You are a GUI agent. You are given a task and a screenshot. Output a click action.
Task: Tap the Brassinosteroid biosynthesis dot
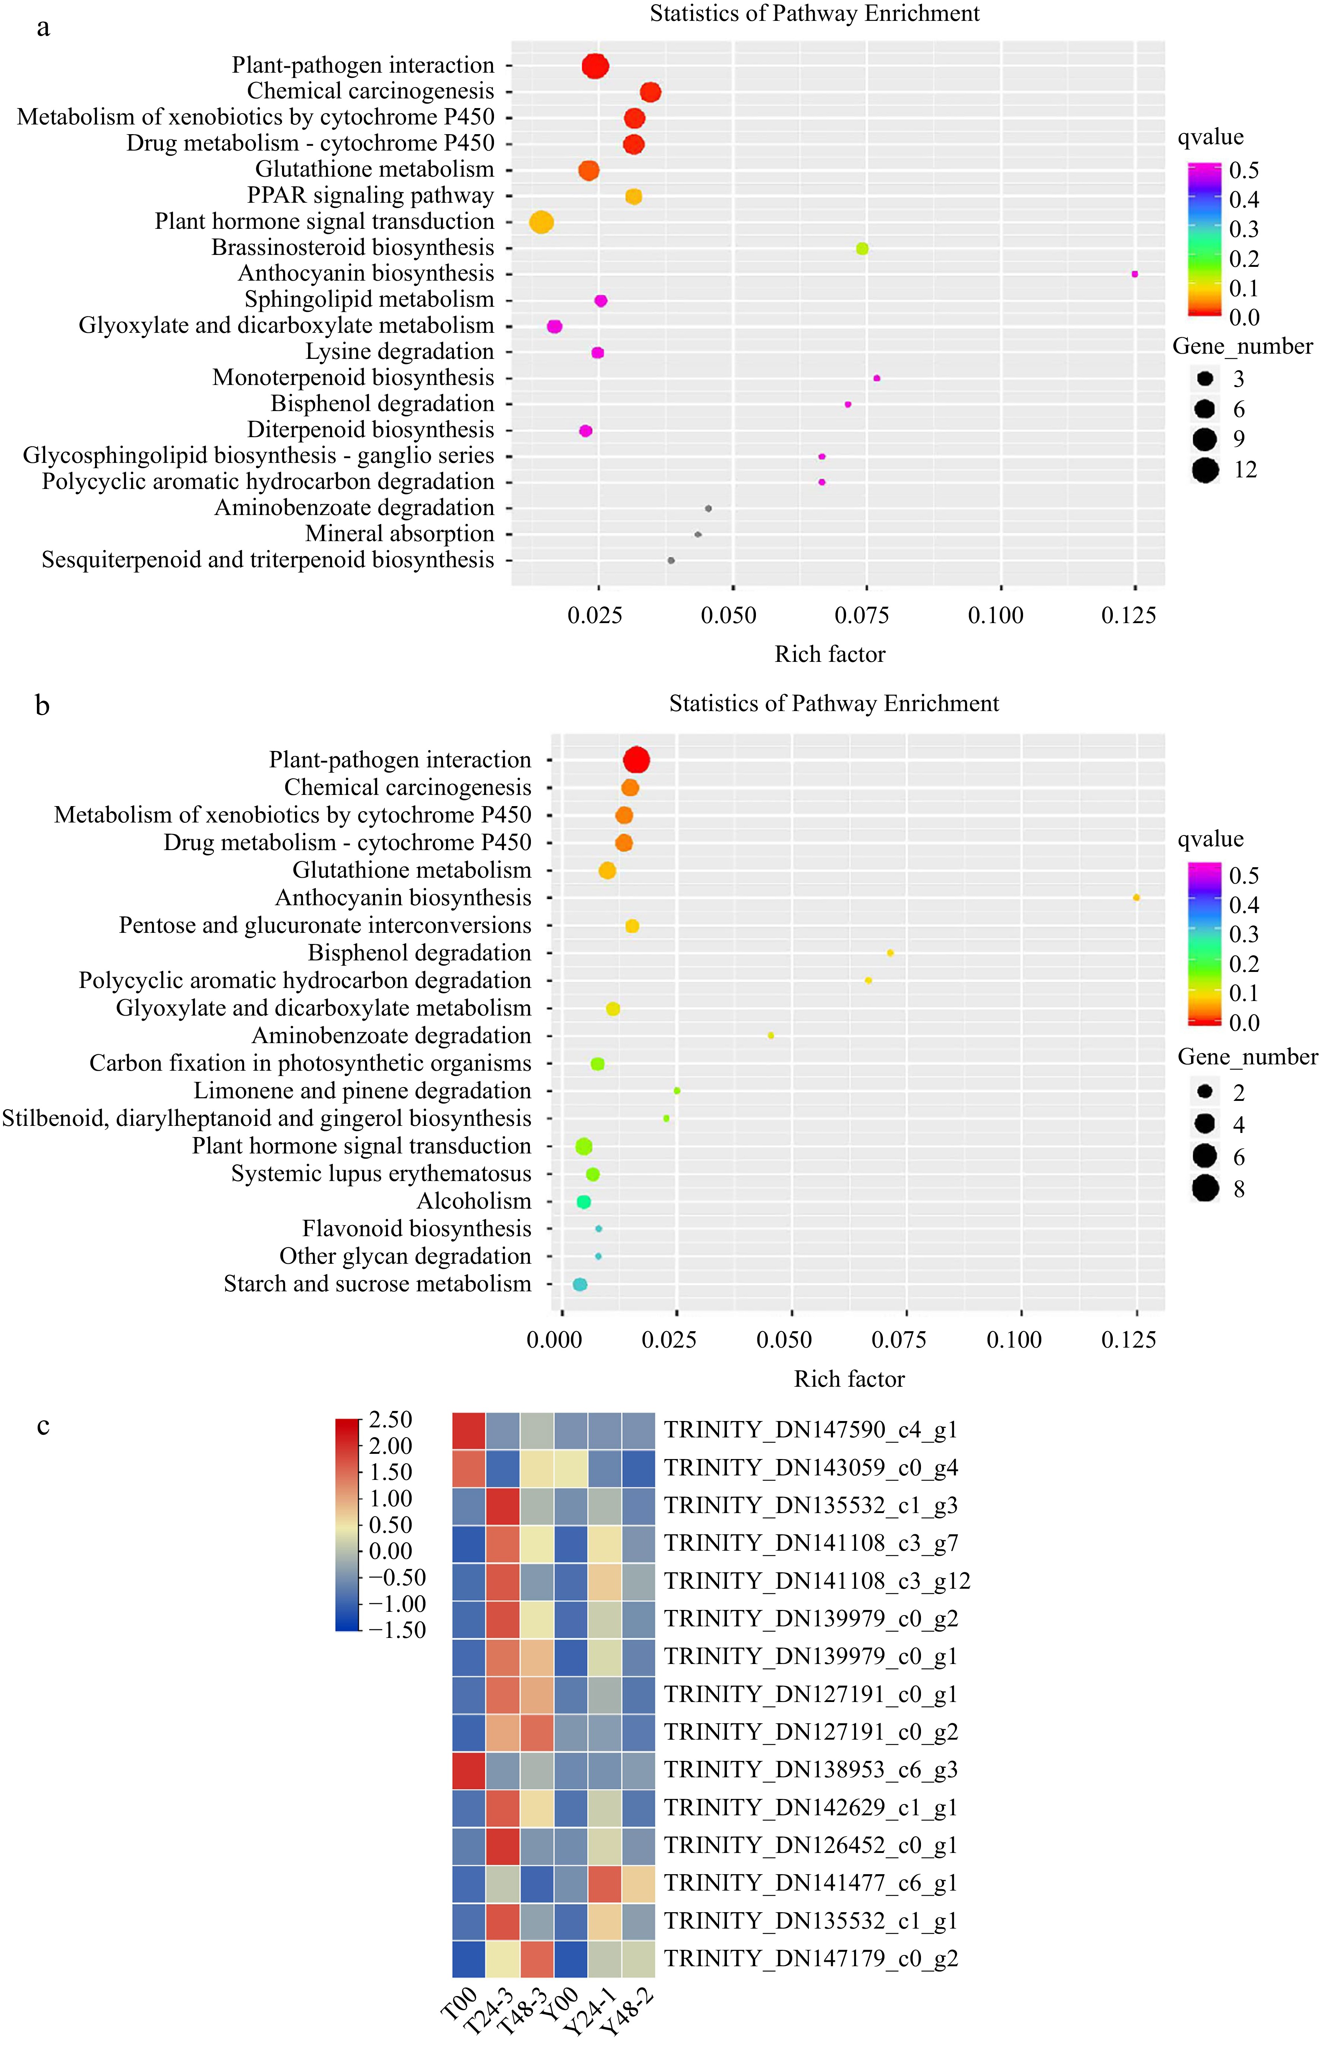[862, 249]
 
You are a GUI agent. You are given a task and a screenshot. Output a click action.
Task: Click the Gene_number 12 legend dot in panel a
[1205, 470]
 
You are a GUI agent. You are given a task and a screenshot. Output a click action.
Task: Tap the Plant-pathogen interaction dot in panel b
[636, 760]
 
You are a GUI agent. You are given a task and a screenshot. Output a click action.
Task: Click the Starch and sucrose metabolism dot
[579, 1284]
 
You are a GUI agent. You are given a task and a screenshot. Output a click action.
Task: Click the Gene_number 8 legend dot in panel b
[1205, 1189]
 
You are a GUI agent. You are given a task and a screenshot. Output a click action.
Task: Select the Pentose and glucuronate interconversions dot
[632, 926]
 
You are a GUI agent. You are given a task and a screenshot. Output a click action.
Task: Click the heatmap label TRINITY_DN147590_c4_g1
[810, 1430]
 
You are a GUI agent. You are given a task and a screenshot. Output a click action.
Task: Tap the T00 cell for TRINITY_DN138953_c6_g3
[469, 1770]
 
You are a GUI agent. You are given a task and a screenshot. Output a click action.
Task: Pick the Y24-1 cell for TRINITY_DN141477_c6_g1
[604, 1883]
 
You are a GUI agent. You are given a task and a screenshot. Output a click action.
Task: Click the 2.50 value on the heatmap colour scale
[390, 1420]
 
